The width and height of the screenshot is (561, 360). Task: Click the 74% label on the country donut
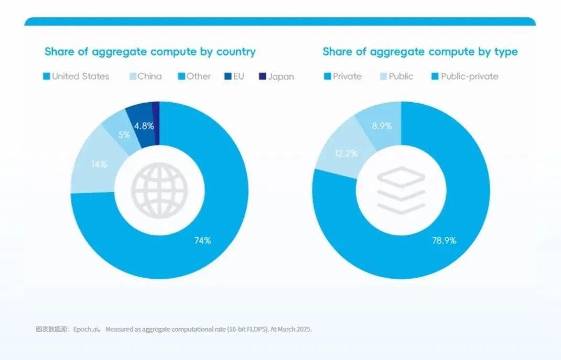[202, 241]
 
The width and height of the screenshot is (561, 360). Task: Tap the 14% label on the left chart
[99, 164]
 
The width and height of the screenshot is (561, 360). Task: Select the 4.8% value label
[144, 126]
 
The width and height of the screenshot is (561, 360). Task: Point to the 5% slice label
[124, 135]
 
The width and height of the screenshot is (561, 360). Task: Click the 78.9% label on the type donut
[444, 241]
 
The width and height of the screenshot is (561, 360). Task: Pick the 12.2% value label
[346, 154]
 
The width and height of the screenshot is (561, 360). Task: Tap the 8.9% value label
[382, 126]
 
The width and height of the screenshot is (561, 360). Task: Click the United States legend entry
[76, 76]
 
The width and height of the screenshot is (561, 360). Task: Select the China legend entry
[146, 76]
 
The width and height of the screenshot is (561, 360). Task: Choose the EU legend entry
[234, 76]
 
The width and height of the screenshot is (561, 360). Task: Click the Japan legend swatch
[262, 76]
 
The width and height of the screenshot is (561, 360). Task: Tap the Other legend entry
[195, 76]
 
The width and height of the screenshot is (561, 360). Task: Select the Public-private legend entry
[465, 76]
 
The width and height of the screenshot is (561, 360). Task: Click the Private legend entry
[343, 76]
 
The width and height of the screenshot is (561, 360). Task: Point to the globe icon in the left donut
[159, 190]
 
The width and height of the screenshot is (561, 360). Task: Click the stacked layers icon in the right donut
[401, 190]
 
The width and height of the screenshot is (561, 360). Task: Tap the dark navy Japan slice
[156, 123]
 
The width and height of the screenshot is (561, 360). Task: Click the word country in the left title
[236, 52]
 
